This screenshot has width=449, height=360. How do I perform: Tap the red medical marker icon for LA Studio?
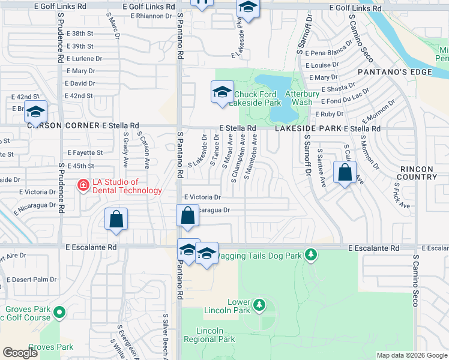tap(85, 186)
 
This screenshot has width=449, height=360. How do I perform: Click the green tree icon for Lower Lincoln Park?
tap(259, 305)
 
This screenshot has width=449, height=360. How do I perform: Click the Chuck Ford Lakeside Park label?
tap(258, 98)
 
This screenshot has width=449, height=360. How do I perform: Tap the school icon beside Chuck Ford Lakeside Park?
tap(221, 93)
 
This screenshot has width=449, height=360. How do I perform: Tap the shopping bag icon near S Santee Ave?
tap(345, 173)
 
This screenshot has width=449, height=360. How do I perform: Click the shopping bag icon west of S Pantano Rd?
tap(116, 219)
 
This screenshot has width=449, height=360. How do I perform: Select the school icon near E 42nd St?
tap(35, 112)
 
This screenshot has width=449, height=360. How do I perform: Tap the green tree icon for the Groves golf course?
tap(59, 313)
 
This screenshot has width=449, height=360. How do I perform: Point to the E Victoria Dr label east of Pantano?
tap(202, 197)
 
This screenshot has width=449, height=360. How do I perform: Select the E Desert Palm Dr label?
tap(31, 280)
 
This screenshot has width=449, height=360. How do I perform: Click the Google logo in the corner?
tap(20, 353)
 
